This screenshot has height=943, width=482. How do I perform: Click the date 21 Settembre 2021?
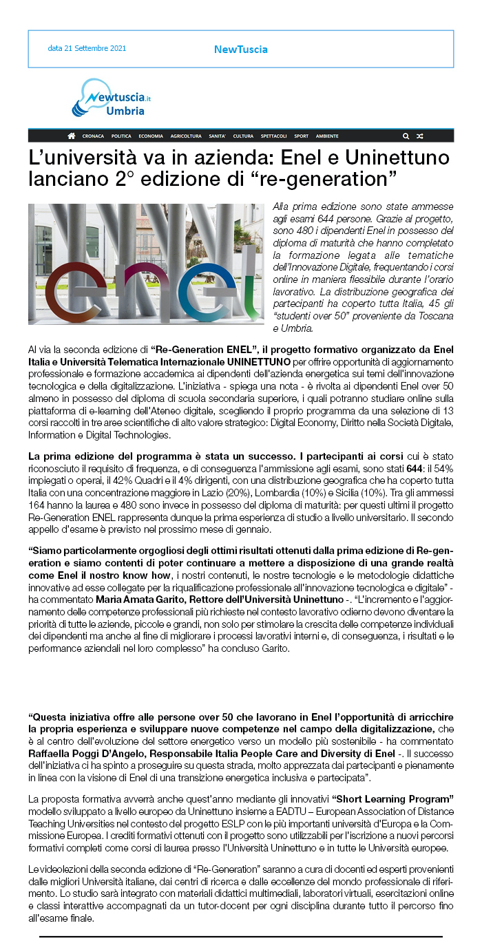[x=87, y=49]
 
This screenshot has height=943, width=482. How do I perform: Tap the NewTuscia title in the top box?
[x=240, y=49]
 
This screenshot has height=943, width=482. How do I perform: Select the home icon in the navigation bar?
[x=72, y=136]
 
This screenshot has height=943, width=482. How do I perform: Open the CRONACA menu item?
[x=93, y=136]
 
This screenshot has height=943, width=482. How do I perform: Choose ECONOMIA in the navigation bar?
[x=151, y=136]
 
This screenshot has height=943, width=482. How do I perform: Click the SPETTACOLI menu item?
[x=273, y=136]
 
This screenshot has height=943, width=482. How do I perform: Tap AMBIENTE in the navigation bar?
[x=327, y=136]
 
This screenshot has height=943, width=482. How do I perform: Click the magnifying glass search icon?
[x=406, y=136]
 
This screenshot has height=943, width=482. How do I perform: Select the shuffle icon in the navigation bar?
[x=420, y=136]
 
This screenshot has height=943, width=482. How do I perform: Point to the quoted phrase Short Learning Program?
[x=392, y=798]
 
